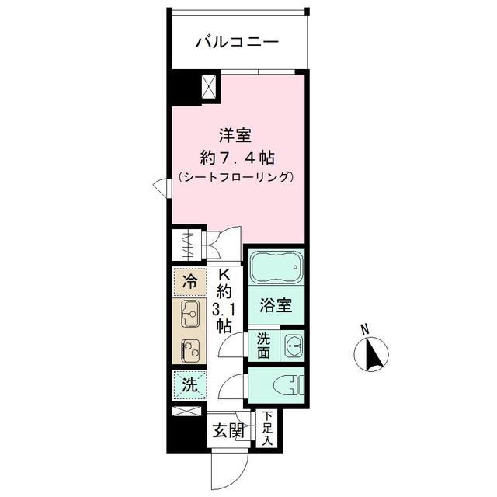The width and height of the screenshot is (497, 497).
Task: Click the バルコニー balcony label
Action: click(237, 43)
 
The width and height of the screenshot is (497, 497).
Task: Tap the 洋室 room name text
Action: click(235, 135)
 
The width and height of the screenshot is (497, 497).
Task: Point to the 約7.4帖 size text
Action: click(237, 158)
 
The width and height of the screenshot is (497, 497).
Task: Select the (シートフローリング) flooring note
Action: click(235, 177)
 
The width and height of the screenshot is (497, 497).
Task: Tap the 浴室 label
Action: click(276, 305)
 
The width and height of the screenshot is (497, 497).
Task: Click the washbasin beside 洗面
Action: click(294, 345)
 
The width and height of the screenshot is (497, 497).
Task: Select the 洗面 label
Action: click(264, 345)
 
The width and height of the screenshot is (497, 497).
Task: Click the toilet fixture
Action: click(289, 385)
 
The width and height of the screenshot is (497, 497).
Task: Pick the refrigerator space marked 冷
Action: click(189, 281)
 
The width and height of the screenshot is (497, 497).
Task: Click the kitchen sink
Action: click(189, 314)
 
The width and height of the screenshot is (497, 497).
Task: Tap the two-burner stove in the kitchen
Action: click(189, 350)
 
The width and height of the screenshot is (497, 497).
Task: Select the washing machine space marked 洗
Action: click(189, 385)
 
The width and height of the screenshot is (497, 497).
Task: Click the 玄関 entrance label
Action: click(228, 431)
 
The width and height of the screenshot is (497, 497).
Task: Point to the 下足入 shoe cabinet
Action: click(267, 428)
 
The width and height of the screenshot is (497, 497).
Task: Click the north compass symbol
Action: click(371, 354)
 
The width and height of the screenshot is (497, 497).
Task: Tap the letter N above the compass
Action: click(366, 328)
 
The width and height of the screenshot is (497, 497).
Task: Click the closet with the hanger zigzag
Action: click(188, 245)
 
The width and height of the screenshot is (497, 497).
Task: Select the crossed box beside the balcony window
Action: click(210, 87)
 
